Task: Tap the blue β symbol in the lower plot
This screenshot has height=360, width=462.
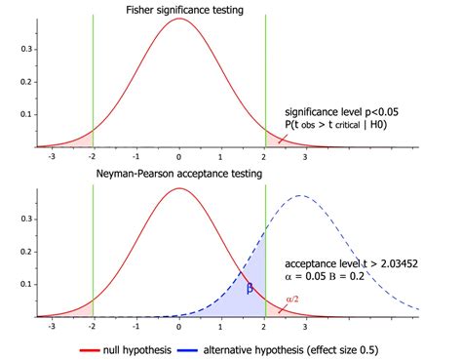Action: point(249,288)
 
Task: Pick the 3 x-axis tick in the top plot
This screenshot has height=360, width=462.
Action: point(305,157)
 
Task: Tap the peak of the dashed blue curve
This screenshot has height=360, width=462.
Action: point(300,196)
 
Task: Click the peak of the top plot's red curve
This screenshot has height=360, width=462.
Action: point(179,20)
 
